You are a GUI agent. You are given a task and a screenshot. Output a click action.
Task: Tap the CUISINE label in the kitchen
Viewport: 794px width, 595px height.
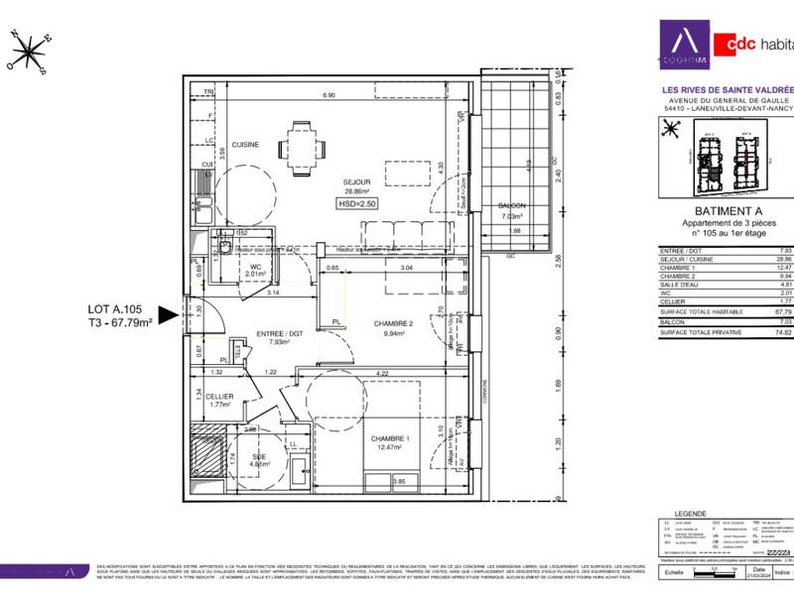tap(245, 145)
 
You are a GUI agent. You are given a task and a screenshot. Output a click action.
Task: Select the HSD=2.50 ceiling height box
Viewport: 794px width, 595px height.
tap(356, 203)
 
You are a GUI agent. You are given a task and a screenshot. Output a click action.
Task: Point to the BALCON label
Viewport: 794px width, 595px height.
tap(512, 206)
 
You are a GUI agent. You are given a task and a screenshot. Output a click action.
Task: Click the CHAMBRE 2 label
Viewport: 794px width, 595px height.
tap(393, 323)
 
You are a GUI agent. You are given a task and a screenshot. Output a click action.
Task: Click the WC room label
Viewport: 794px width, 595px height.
tap(256, 266)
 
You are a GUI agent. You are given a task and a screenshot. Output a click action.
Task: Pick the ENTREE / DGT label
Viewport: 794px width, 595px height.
tap(265, 335)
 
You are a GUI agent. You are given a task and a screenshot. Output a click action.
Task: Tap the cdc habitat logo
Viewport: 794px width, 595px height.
tap(753, 44)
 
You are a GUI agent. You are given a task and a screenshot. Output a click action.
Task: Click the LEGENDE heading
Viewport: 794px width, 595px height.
tap(690, 514)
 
